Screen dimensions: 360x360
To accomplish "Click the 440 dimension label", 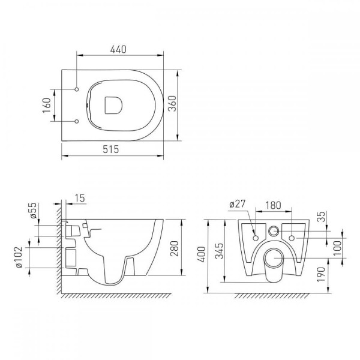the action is [118, 49].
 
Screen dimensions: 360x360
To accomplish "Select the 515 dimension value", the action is [111, 149].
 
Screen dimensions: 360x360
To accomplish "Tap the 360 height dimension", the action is [172, 104].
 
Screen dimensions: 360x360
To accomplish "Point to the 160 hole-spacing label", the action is [46, 106].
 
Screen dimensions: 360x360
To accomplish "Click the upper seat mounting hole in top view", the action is [77, 89].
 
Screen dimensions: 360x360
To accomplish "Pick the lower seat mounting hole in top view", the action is [77, 121].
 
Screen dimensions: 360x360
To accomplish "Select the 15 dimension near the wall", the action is [80, 198].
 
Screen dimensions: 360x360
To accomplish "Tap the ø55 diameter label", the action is [33, 211].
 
